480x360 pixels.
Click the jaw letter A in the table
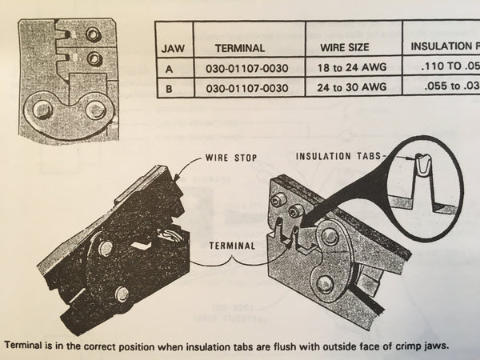169,70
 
